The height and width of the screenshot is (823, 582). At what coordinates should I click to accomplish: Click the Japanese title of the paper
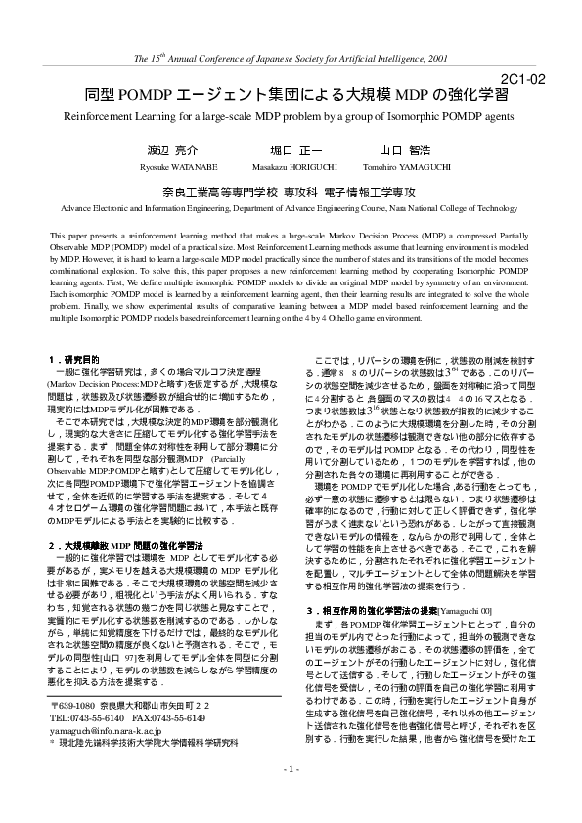click(x=291, y=96)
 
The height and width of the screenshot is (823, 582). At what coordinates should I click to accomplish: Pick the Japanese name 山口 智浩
click(x=404, y=152)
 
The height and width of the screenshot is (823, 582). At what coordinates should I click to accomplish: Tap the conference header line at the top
click(x=291, y=59)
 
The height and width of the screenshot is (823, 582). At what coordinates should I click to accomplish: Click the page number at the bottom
click(x=291, y=797)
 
